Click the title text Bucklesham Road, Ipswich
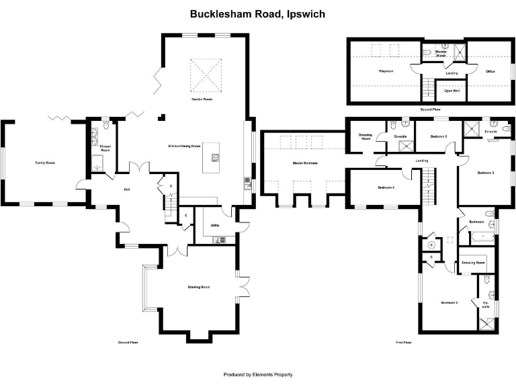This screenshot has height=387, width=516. (257, 13)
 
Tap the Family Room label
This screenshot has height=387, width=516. (45, 163)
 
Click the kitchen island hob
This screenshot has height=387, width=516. (216, 159)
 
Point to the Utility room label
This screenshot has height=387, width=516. (215, 225)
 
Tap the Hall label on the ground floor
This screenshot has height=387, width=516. (126, 189)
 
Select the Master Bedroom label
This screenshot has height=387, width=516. (305, 163)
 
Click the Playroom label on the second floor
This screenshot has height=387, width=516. (386, 71)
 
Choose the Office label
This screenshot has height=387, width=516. (490, 71)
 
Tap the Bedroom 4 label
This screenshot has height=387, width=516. (386, 187)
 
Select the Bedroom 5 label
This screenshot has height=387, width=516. (439, 136)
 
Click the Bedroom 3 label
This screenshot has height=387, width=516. (486, 173)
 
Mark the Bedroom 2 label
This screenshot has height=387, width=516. (449, 303)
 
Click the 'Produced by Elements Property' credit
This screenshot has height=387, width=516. (258, 374)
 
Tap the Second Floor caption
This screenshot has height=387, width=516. (430, 109)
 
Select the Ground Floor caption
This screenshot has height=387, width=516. (128, 343)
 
